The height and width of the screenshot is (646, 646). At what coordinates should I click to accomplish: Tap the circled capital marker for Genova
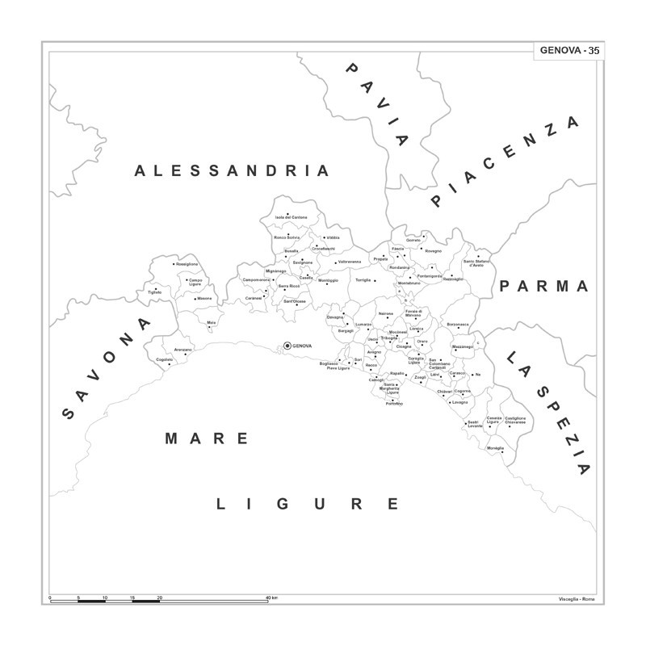pos(287,346)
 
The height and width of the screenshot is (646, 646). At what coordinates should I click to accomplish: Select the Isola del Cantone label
pos(291,217)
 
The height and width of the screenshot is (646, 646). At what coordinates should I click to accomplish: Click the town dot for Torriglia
pos(374,280)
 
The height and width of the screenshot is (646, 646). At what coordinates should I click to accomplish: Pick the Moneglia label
pos(495,448)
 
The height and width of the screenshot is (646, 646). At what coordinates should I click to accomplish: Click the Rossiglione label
pos(187,264)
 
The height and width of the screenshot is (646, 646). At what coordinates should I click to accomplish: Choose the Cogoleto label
pos(165,359)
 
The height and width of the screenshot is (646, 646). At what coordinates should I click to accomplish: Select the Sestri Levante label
pos(474,424)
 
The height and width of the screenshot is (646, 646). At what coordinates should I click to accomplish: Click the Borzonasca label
pos(458,324)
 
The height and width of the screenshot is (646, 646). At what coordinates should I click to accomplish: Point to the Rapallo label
pos(396,373)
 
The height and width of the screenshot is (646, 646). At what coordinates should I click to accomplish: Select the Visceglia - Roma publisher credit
pos(576,598)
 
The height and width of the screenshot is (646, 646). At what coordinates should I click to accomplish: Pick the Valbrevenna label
pos(350,262)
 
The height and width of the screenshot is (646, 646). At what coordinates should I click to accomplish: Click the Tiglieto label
pos(154,292)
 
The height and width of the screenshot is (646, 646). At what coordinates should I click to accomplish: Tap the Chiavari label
pos(445,392)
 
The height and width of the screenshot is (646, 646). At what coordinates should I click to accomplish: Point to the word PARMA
pos(544,287)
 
